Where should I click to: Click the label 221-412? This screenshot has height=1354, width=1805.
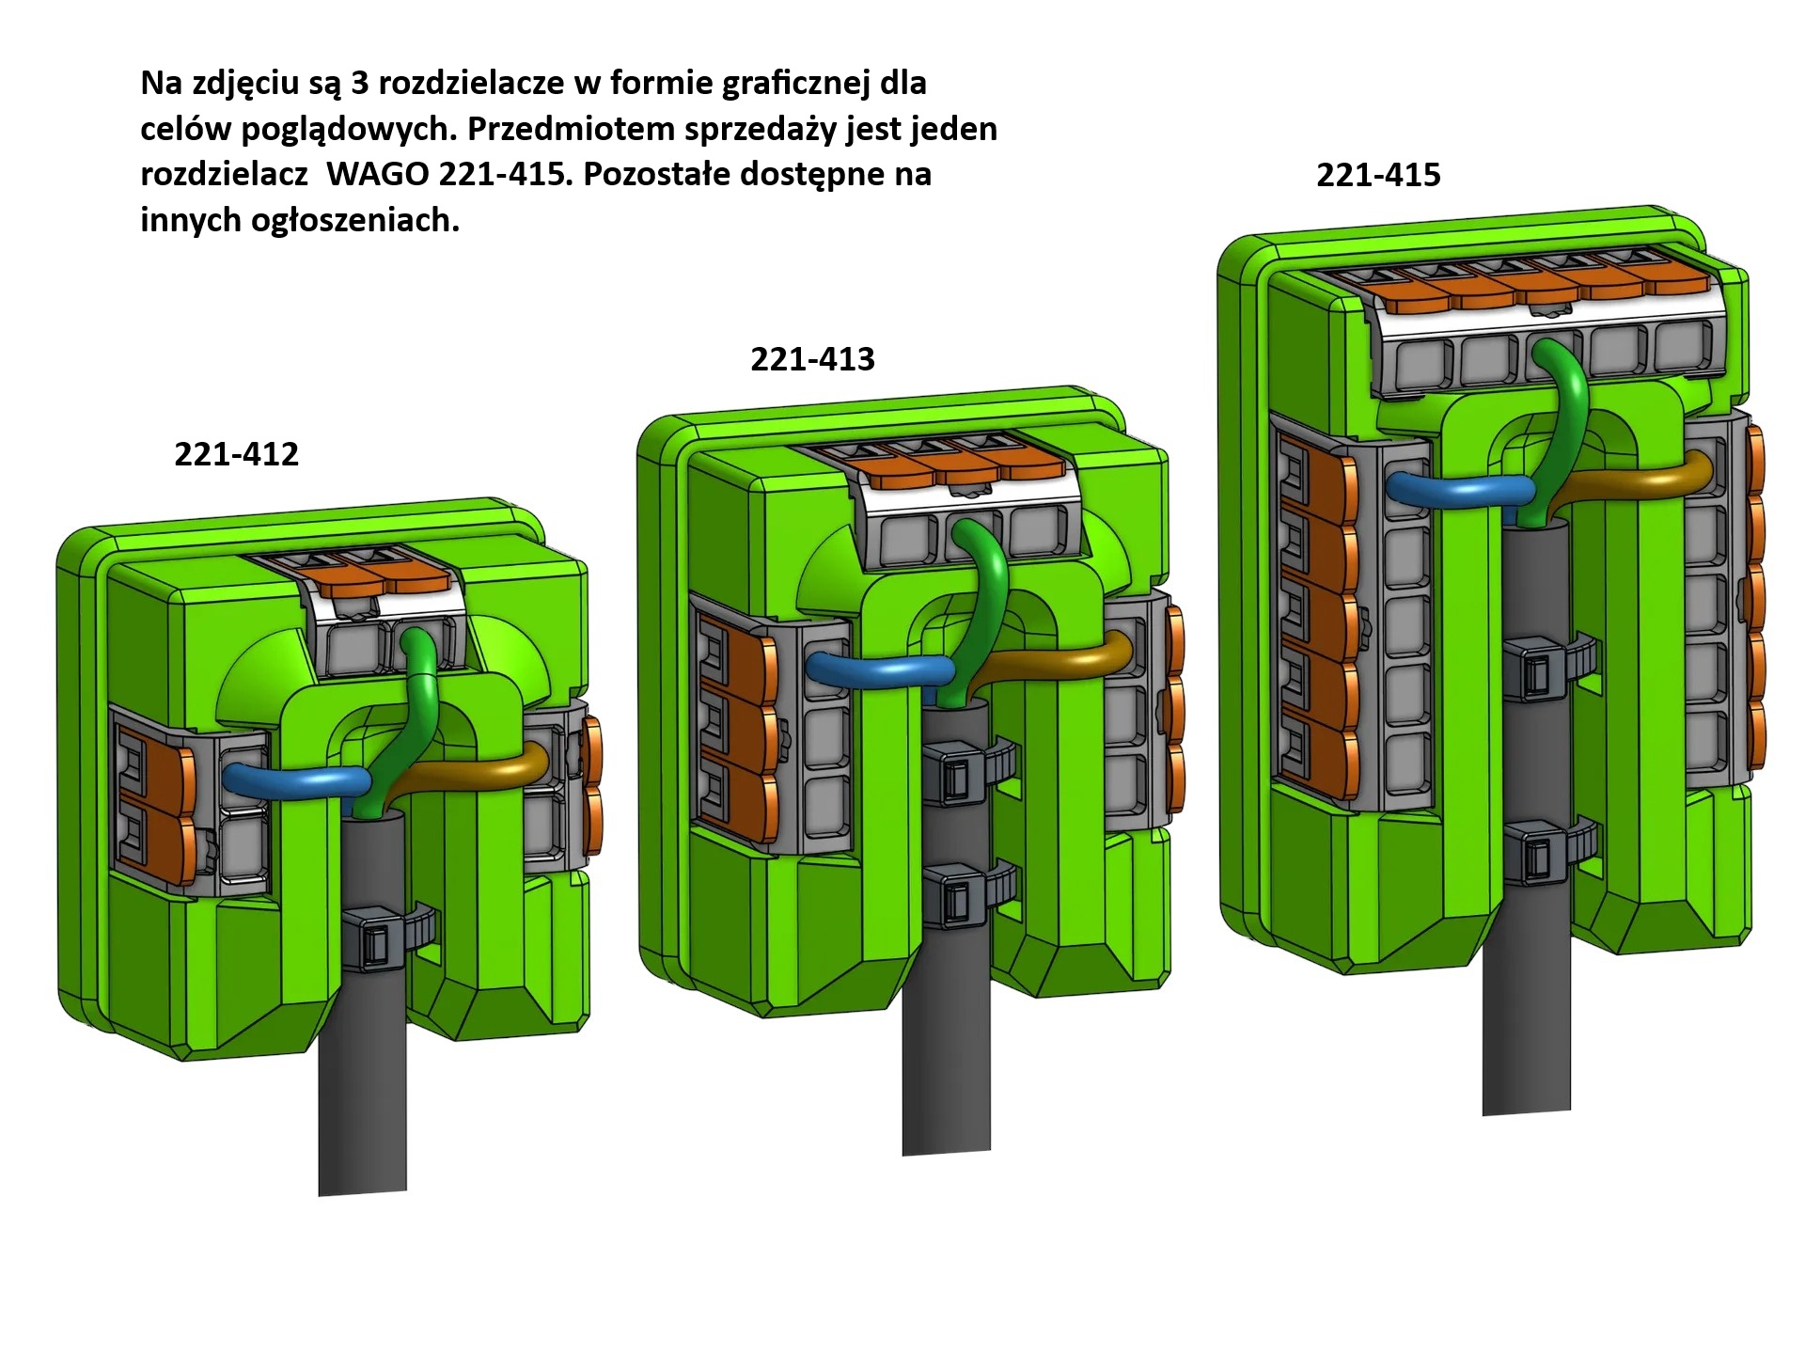point(236,454)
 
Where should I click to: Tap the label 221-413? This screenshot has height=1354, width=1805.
point(812,359)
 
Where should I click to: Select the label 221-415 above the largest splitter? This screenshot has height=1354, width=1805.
point(1378,175)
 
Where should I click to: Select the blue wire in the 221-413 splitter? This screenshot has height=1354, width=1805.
point(879,668)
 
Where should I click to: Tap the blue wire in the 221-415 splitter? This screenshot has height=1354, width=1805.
point(1460,486)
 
